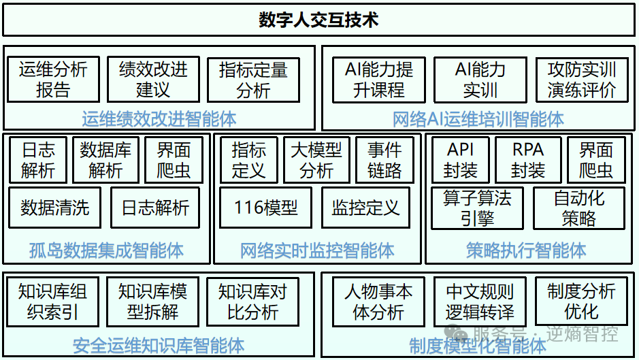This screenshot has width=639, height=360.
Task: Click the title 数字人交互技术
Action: point(318,19)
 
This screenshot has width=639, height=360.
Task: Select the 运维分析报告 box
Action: point(53,79)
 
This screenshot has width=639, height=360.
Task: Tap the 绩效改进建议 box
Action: point(153,79)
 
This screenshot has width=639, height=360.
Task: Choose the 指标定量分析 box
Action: point(253,79)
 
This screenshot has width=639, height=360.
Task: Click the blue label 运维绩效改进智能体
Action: point(159,118)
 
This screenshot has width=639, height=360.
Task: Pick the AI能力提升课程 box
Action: point(379,79)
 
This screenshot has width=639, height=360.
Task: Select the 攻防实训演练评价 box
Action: point(581,79)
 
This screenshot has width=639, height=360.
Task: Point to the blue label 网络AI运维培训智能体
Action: point(478,119)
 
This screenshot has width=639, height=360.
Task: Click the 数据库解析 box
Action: point(105,160)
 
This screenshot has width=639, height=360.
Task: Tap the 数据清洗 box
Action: point(54,208)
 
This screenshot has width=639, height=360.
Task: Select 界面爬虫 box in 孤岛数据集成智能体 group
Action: point(174,160)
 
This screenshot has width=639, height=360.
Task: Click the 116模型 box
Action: point(265,208)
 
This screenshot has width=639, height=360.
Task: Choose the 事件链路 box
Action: point(384,160)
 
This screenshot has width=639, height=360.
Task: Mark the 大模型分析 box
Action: point(316,160)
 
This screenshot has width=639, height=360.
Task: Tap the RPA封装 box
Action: point(528,160)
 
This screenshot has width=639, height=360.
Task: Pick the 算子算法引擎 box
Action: point(477,208)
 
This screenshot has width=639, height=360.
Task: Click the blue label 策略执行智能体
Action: point(526,250)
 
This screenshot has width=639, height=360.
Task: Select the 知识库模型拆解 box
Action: point(152,301)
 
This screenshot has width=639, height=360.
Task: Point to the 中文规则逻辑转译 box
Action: point(480,301)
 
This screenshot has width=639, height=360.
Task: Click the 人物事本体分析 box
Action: point(378,301)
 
